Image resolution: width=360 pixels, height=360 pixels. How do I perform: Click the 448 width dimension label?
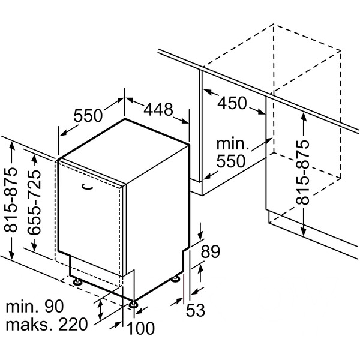tap(158, 110)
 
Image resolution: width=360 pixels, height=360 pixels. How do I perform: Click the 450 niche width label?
tap(232, 103)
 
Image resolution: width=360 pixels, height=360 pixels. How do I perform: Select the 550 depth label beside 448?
tap(88, 115)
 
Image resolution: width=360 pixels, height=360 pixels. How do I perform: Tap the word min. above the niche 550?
tap(233, 144)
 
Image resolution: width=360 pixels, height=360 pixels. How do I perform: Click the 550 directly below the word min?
tap(231, 161)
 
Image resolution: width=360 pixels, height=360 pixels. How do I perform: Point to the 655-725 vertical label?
tap(34, 202)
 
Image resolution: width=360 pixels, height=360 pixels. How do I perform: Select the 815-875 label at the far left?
tap(10, 199)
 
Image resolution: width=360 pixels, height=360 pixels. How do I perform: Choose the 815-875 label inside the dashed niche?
tap(302, 172)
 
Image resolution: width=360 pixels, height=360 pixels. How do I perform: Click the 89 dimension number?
tap(211, 251)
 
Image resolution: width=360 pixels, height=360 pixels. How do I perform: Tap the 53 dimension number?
tap(196, 310)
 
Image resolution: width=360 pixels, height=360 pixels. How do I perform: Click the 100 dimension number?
tap(140, 328)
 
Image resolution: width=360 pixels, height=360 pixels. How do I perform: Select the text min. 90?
tap(34, 307)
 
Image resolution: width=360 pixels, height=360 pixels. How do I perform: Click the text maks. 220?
tap(47, 325)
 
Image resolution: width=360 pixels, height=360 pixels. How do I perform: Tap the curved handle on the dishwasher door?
tap(87, 188)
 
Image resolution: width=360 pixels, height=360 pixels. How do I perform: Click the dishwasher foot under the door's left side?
tap(77, 281)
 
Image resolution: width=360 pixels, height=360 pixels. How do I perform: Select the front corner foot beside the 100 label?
tap(133, 304)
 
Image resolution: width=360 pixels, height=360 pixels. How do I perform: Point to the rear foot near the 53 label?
tap(176, 279)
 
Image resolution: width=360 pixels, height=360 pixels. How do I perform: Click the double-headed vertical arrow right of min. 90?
tap(100, 310)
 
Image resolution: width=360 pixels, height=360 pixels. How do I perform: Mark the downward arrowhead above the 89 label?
tap(200, 236)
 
